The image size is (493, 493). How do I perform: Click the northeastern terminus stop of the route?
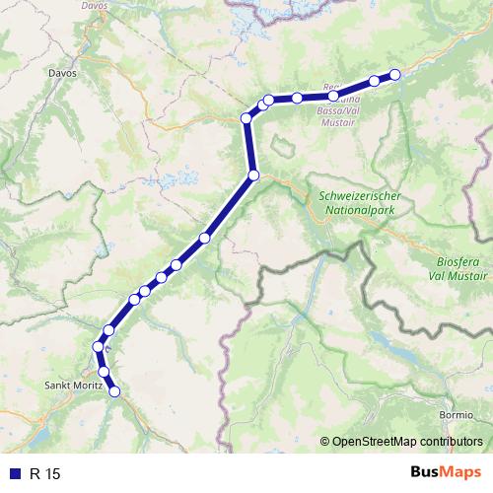[x=395, y=74]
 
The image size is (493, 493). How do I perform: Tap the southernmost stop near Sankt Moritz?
[x=114, y=391]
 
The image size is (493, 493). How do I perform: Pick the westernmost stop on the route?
[x=98, y=347]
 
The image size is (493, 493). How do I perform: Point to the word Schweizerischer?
[x=363, y=194]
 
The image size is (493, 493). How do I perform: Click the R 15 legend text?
[x=45, y=474]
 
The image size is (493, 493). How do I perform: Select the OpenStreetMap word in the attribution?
[x=373, y=440]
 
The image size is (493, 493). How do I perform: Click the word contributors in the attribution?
[x=451, y=440]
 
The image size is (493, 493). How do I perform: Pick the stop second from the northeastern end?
[x=375, y=81]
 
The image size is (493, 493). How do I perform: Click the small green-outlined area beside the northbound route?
[x=282, y=146]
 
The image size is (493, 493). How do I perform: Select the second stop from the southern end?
[x=104, y=371]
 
